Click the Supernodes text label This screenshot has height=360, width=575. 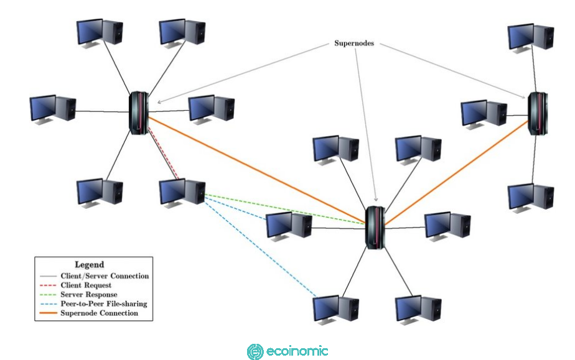tap(353, 44)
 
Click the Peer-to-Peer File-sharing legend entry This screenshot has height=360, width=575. tap(103, 303)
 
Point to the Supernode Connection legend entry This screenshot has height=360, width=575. tap(99, 313)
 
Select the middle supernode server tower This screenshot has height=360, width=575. tap(374, 227)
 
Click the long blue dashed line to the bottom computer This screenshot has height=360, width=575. tap(261, 249)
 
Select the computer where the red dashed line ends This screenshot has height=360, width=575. tap(181, 193)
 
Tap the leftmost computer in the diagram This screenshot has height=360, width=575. tap(52, 109)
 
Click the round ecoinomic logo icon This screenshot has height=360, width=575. tap(255, 351)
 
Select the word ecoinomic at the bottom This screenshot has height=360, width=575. tap(297, 351)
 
